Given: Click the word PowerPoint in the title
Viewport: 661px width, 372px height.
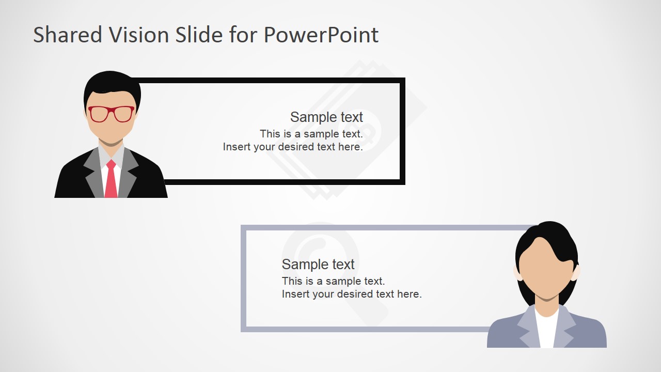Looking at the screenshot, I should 321,35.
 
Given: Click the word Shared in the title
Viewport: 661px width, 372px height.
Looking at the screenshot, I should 67,35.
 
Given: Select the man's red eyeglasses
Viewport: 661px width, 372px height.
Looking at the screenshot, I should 111,114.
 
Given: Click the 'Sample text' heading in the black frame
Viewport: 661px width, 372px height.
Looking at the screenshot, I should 326,117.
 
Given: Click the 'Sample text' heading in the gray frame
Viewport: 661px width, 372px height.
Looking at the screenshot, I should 318,265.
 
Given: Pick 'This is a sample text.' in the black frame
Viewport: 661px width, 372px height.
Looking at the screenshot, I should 311,134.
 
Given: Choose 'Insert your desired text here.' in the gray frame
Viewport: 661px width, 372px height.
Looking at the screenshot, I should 352,295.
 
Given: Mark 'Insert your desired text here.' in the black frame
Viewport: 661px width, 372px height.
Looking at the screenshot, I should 293,147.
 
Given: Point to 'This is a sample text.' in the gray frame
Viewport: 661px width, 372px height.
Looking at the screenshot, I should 333,282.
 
